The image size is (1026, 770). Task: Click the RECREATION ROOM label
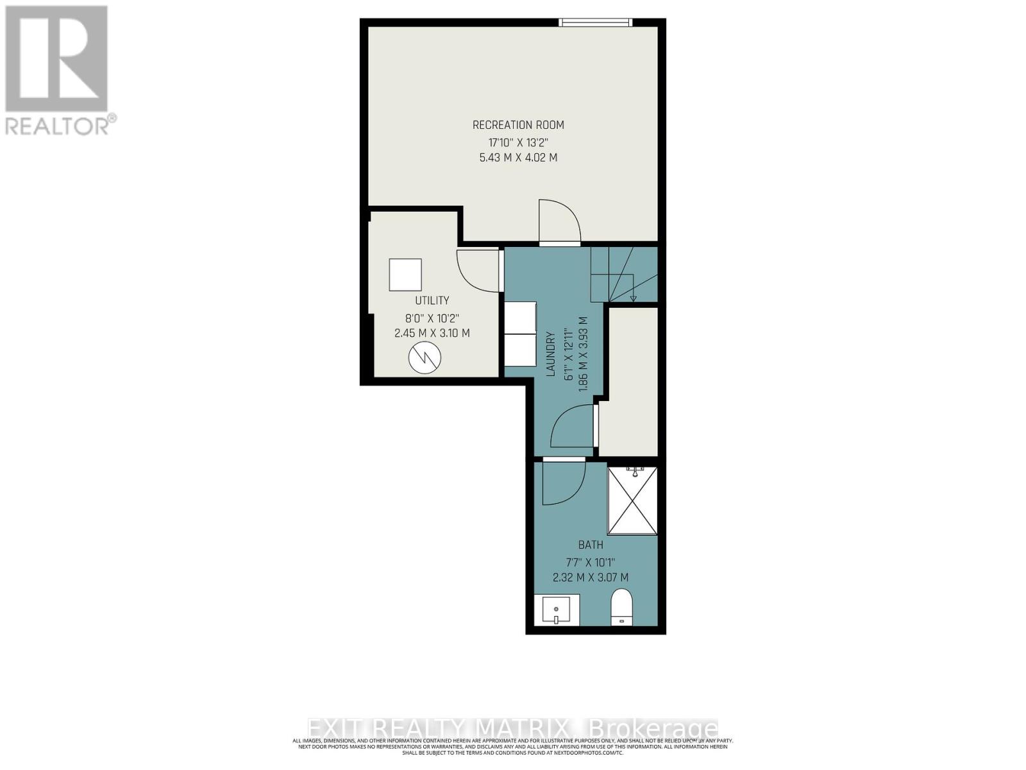518,125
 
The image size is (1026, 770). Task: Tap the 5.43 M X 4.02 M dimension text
518,157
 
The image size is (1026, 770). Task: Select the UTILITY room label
432,300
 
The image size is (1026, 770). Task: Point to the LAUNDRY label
550,353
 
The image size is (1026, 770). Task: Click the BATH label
591,545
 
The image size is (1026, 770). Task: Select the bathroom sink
557,610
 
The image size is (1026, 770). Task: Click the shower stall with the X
632,501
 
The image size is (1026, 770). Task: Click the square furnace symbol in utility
405,275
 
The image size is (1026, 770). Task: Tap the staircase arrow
633,296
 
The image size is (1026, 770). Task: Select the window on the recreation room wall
596,23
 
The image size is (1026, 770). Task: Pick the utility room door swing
478,269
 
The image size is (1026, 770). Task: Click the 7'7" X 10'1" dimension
591,561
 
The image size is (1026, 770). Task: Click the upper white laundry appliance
521,317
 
